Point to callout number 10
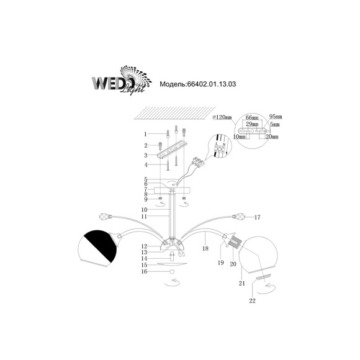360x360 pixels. (145, 209)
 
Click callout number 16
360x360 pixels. (145, 271)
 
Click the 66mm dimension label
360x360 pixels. (252, 117)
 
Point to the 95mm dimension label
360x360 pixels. (276, 117)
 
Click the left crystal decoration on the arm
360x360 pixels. (106, 217)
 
